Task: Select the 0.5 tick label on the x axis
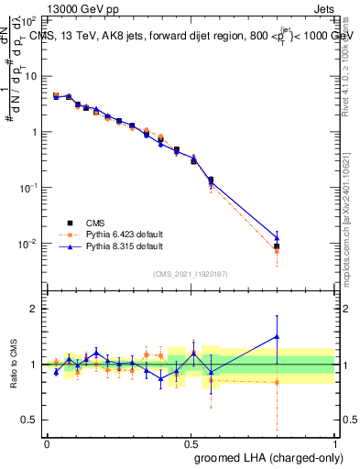click(x=191, y=442)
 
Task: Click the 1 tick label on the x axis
click(x=334, y=442)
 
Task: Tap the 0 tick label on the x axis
click(x=46, y=442)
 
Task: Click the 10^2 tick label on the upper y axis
click(x=30, y=20)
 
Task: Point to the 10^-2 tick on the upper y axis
click(x=30, y=244)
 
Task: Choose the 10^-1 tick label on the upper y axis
click(x=30, y=188)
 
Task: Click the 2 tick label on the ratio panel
click(x=34, y=309)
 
